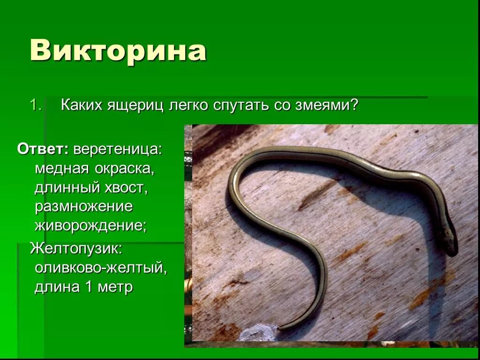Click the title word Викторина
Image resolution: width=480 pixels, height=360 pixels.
(118, 51)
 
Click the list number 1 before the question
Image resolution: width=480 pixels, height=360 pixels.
(35, 105)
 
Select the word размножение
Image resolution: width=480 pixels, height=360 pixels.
(83, 207)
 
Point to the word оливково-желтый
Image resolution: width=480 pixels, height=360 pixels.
(100, 268)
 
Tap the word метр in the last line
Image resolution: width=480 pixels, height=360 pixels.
(115, 287)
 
